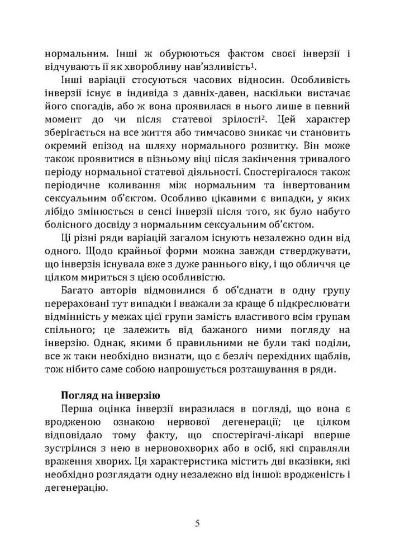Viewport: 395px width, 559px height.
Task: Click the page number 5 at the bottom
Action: coord(197,524)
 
